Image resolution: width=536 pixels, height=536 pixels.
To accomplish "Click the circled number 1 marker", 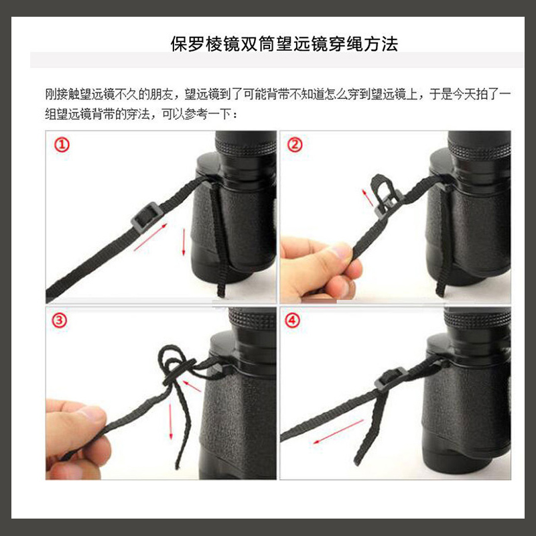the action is (x=62, y=145).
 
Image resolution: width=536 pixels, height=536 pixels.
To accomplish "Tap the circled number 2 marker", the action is (x=295, y=145).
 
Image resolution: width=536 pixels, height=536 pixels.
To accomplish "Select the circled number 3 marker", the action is (x=59, y=320).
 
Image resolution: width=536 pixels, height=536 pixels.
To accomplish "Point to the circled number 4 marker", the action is (x=292, y=320).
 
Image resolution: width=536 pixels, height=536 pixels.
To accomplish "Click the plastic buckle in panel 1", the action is (x=147, y=216).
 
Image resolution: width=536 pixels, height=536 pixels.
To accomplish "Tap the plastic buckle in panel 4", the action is (x=390, y=378).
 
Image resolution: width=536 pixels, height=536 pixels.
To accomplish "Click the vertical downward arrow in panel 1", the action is (x=184, y=242).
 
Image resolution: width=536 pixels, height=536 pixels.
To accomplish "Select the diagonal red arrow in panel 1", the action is (x=150, y=237).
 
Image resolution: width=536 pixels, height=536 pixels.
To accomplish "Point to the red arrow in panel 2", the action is (x=368, y=198).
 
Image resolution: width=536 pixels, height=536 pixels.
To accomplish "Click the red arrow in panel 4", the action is (x=338, y=431).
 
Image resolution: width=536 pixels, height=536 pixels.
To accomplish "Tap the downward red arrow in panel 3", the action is (x=171, y=421).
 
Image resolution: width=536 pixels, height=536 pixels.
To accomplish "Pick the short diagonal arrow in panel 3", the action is (x=192, y=386).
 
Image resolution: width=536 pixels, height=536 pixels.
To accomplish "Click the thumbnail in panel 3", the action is (x=92, y=414).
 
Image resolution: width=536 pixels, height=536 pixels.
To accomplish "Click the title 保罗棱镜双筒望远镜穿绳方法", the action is (x=284, y=44).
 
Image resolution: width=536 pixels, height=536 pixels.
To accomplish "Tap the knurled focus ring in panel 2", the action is (x=479, y=149).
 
